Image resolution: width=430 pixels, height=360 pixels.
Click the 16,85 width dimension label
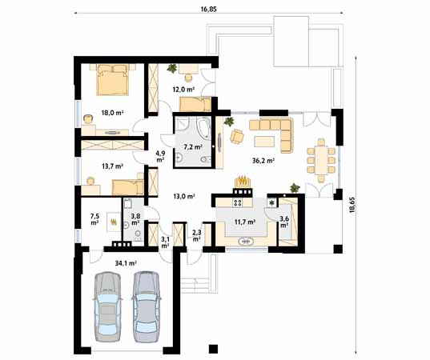pyautogui.click(x=209, y=9)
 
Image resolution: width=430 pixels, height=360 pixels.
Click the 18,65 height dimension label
pyautogui.click(x=352, y=205)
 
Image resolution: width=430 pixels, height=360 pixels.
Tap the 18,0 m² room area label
pyautogui.click(x=112, y=113)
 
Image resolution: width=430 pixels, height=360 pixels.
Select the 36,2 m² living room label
pyautogui.click(x=263, y=161)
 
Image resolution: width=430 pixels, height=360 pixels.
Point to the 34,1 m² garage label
pyautogui.click(x=126, y=263)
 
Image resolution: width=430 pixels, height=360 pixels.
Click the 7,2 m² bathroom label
pyautogui.click(x=193, y=147)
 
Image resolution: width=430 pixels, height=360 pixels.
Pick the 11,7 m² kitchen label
pyautogui.click(x=245, y=222)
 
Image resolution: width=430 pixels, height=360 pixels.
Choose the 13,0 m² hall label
pyautogui.click(x=184, y=196)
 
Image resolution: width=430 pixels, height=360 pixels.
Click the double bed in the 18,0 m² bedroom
pyautogui.click(x=112, y=79)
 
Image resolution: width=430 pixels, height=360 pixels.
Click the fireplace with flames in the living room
pyautogui.click(x=243, y=182)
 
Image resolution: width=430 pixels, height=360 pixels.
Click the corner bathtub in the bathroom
pyautogui.click(x=203, y=128)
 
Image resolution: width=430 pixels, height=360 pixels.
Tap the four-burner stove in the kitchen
pyautogui.click(x=238, y=202)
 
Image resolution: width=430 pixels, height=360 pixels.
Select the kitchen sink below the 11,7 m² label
pyautogui.click(x=246, y=242)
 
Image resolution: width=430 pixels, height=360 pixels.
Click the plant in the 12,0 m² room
pyautogui.click(x=172, y=68)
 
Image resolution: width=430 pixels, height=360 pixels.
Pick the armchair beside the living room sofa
pyautogui.click(x=237, y=136)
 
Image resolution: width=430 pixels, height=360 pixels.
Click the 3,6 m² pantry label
pyautogui.click(x=283, y=222)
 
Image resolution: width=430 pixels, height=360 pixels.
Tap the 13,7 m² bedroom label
pyautogui.click(x=112, y=166)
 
